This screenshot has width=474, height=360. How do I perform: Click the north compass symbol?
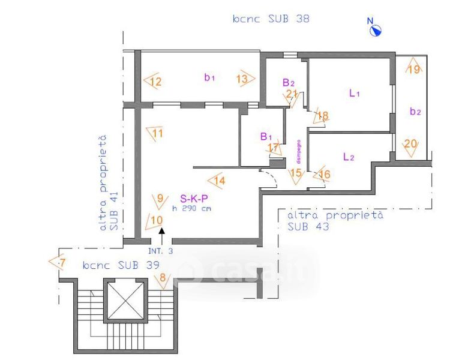(376, 28)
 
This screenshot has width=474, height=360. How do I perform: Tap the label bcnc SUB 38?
(271, 19)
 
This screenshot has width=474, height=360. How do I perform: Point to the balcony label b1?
(209, 77)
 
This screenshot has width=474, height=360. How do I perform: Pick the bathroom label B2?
(289, 82)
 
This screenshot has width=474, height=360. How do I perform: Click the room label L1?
(354, 93)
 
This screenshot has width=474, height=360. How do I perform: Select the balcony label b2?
(415, 111)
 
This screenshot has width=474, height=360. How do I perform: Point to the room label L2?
(349, 157)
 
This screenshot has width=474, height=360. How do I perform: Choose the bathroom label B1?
(266, 136)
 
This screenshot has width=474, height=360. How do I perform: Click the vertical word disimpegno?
(298, 152)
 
